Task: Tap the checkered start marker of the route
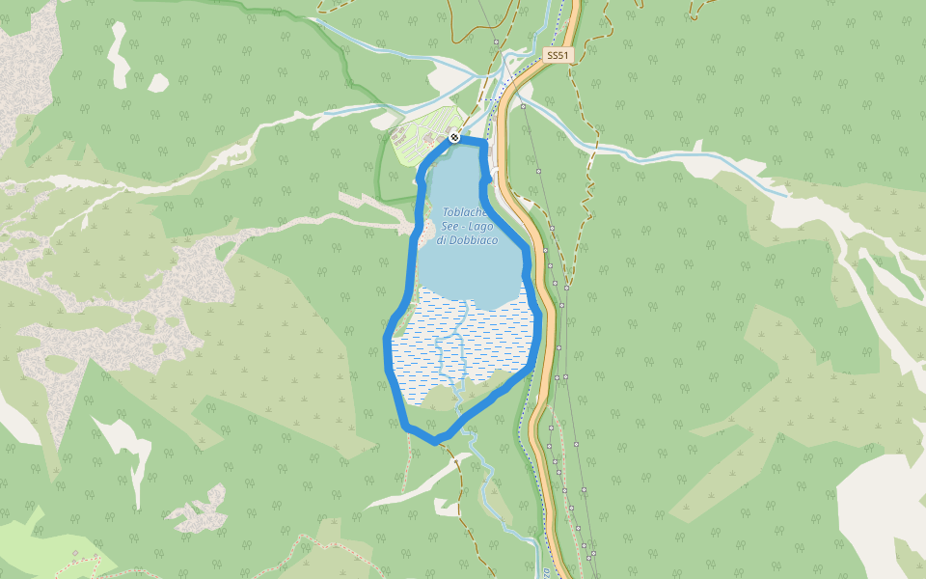click(x=453, y=139)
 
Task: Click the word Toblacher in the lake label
click(x=465, y=212)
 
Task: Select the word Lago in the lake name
click(x=485, y=226)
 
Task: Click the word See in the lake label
click(x=451, y=226)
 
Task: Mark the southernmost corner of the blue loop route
click(x=435, y=440)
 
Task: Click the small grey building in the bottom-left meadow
click(x=76, y=552)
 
